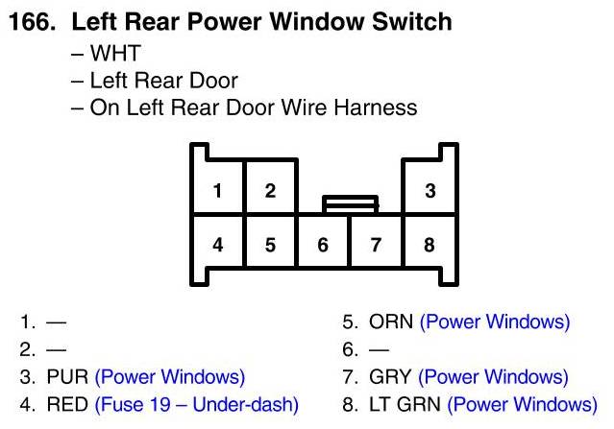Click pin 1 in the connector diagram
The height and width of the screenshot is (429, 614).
click(218, 190)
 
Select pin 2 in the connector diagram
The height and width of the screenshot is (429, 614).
click(270, 190)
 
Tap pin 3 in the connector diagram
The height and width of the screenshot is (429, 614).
click(430, 190)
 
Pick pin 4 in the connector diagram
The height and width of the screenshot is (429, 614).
click(218, 244)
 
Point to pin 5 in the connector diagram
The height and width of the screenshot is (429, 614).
click(270, 244)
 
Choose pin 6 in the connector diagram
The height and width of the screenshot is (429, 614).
click(323, 244)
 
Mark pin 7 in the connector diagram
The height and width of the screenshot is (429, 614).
click(377, 244)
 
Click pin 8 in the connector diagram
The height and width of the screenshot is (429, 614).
click(430, 244)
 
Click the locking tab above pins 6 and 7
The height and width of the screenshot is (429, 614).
click(350, 203)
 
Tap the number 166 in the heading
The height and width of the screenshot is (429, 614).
click(31, 20)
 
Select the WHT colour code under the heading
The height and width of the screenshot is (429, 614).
click(114, 53)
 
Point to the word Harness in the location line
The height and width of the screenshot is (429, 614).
click(376, 107)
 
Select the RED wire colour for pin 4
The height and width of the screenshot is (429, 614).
click(66, 404)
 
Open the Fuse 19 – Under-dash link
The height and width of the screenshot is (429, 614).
click(196, 404)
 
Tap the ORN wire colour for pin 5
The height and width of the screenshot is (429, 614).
click(390, 322)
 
